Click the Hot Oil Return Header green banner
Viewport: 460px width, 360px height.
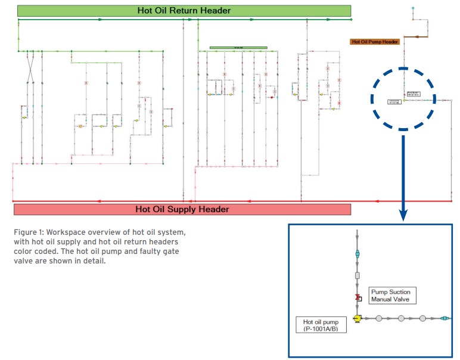tap(184, 10)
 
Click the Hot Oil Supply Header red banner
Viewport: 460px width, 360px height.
tap(182, 209)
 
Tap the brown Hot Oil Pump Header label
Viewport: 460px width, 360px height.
tap(375, 42)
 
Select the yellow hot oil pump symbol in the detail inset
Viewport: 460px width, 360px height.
tap(357, 318)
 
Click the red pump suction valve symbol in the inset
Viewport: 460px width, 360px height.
tap(357, 297)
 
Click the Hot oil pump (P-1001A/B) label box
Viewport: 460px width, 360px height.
tap(321, 325)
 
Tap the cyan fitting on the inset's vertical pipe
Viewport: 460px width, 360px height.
tap(357, 254)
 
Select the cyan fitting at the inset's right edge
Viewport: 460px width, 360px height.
tap(445, 318)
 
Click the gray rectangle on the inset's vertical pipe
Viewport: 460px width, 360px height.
tap(357, 276)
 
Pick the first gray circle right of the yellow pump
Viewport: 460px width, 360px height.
tap(380, 318)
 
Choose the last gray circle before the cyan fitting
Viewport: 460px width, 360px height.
tap(422, 318)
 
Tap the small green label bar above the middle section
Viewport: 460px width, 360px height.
tap(238, 48)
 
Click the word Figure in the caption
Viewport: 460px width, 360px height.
tap(26, 231)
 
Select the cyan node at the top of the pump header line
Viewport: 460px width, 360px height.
tap(412, 8)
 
